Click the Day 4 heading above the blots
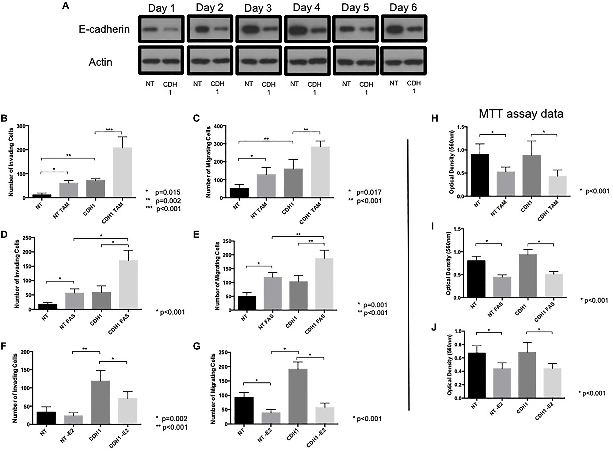(306, 8)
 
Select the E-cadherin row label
(104, 29)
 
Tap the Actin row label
(100, 62)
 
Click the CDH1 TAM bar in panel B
(122, 172)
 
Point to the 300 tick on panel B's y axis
(21, 126)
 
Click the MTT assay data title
(521, 114)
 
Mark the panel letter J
(434, 328)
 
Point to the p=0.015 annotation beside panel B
(167, 192)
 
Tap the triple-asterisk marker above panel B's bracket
(109, 130)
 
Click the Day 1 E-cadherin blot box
(161, 29)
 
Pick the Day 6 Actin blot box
(403, 61)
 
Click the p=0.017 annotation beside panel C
(368, 192)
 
